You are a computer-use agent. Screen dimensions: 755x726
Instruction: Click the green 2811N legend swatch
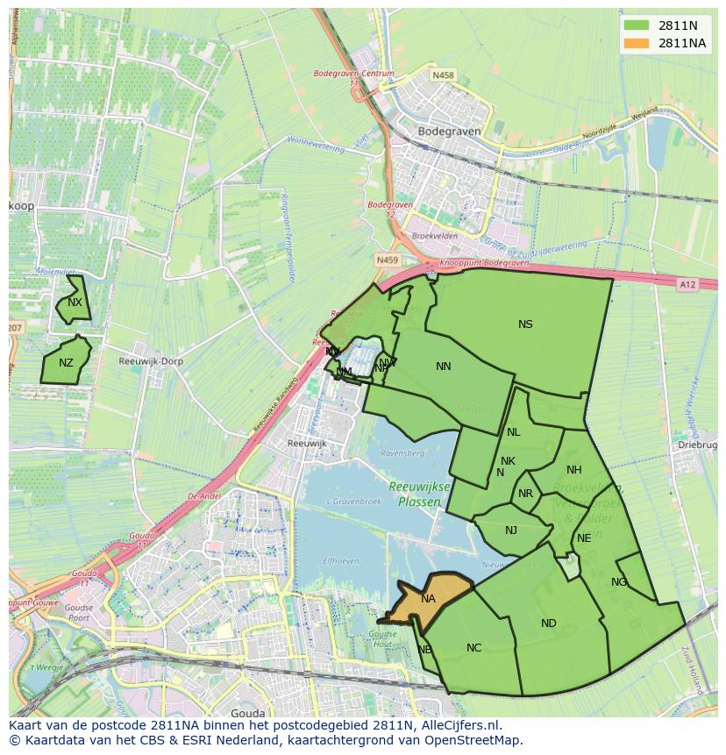(x=637, y=25)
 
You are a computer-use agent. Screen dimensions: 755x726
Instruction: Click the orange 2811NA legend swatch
(x=637, y=44)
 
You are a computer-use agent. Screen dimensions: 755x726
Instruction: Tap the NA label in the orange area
(x=428, y=599)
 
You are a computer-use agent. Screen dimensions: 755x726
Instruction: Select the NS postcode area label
(x=525, y=324)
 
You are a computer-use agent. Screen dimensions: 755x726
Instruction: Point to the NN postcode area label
(x=444, y=367)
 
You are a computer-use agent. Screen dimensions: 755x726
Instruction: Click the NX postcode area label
(x=75, y=303)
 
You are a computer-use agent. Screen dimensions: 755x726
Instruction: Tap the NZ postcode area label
(x=66, y=363)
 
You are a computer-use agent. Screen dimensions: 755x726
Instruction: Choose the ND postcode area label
(x=549, y=623)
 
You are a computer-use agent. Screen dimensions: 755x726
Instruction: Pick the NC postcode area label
(x=473, y=648)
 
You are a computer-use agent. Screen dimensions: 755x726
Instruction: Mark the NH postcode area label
(x=574, y=470)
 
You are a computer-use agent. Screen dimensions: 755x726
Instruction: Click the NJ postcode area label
(x=511, y=530)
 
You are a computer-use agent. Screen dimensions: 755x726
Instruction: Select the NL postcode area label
(x=514, y=432)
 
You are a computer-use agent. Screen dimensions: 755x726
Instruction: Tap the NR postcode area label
(x=525, y=494)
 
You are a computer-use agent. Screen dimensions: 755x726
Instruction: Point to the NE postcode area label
(x=584, y=538)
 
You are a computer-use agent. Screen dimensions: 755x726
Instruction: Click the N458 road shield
(x=444, y=76)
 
